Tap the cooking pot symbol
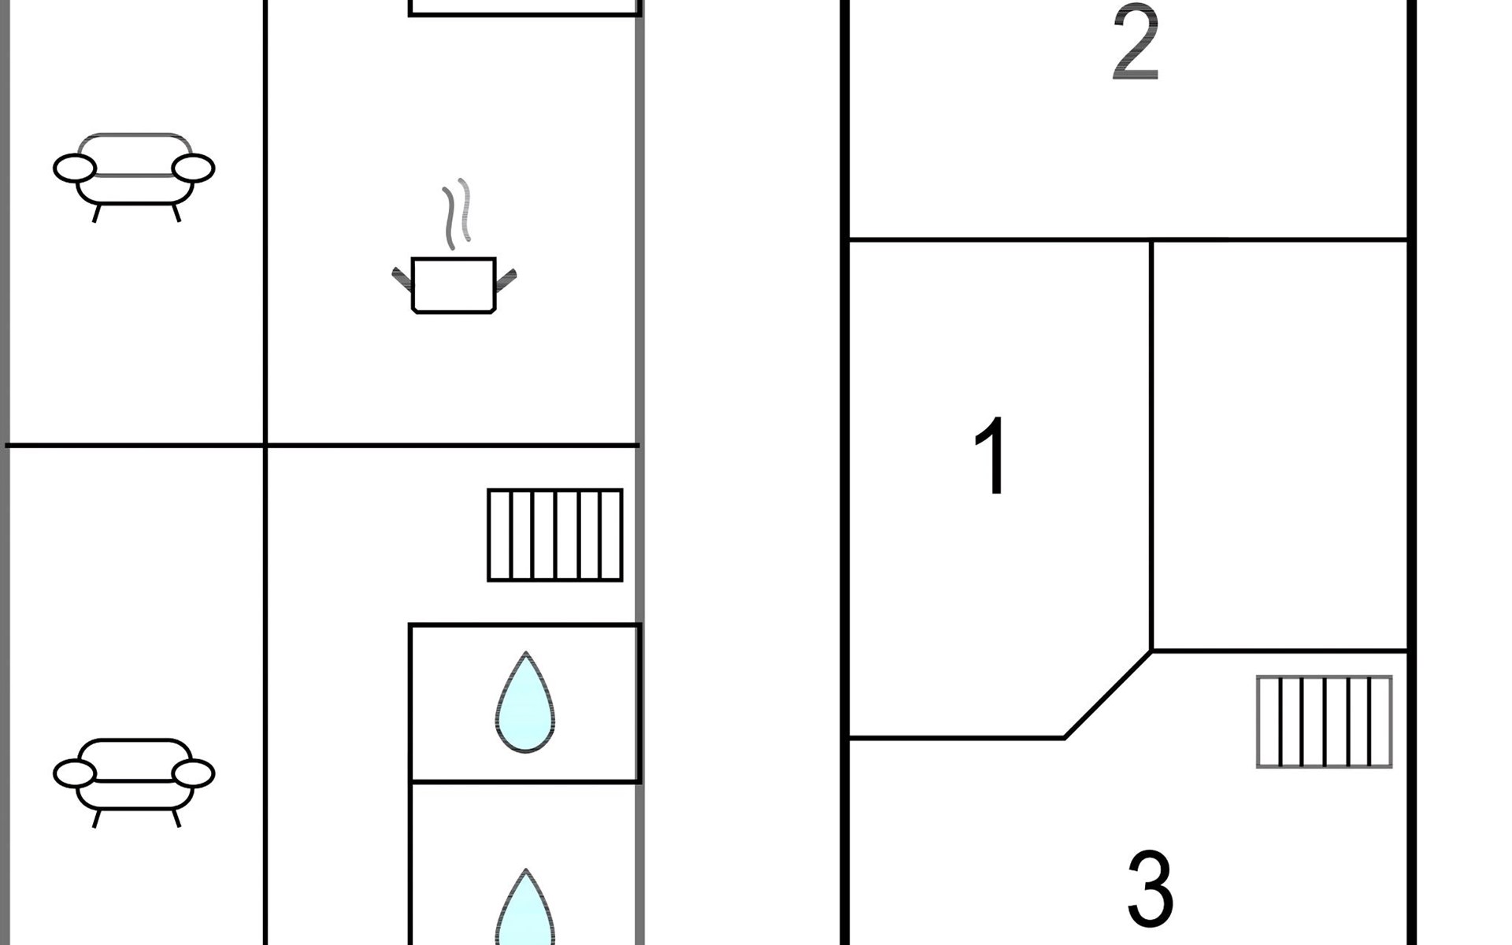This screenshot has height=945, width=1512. pyautogui.click(x=454, y=285)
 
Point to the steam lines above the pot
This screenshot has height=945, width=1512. pyautogui.click(x=457, y=213)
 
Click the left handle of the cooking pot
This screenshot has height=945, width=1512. pyautogui.click(x=402, y=279)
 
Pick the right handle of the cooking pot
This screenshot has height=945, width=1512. pyautogui.click(x=506, y=280)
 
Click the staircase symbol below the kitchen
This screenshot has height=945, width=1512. pyautogui.click(x=555, y=535)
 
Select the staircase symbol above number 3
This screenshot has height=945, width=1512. pyautogui.click(x=1325, y=721)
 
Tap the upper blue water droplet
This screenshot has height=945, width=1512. pyautogui.click(x=525, y=702)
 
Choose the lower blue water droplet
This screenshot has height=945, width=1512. pyautogui.click(x=525, y=907)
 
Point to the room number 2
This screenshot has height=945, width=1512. pyautogui.click(x=1136, y=42)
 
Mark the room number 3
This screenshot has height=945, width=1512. pyautogui.click(x=1151, y=888)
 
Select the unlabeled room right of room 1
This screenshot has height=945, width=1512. pyautogui.click(x=1280, y=446)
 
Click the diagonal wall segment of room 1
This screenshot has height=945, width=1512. pyautogui.click(x=1108, y=695)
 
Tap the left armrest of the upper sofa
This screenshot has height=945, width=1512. pyautogui.click(x=75, y=169)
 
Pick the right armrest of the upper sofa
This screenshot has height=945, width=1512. pyautogui.click(x=193, y=169)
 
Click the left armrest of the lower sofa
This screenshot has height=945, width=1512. pyautogui.click(x=75, y=774)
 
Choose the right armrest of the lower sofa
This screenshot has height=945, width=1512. pyautogui.click(x=193, y=774)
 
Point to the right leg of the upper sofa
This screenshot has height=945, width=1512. pyautogui.click(x=176, y=213)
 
